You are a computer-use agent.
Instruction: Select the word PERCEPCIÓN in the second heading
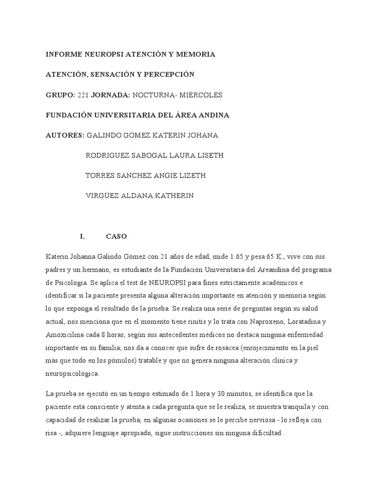[167, 74]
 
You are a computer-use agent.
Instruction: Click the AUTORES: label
[65, 135]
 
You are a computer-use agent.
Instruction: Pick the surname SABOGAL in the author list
[153, 156]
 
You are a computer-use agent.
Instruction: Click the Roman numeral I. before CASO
[83, 236]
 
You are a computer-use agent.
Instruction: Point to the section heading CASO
[116, 236]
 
